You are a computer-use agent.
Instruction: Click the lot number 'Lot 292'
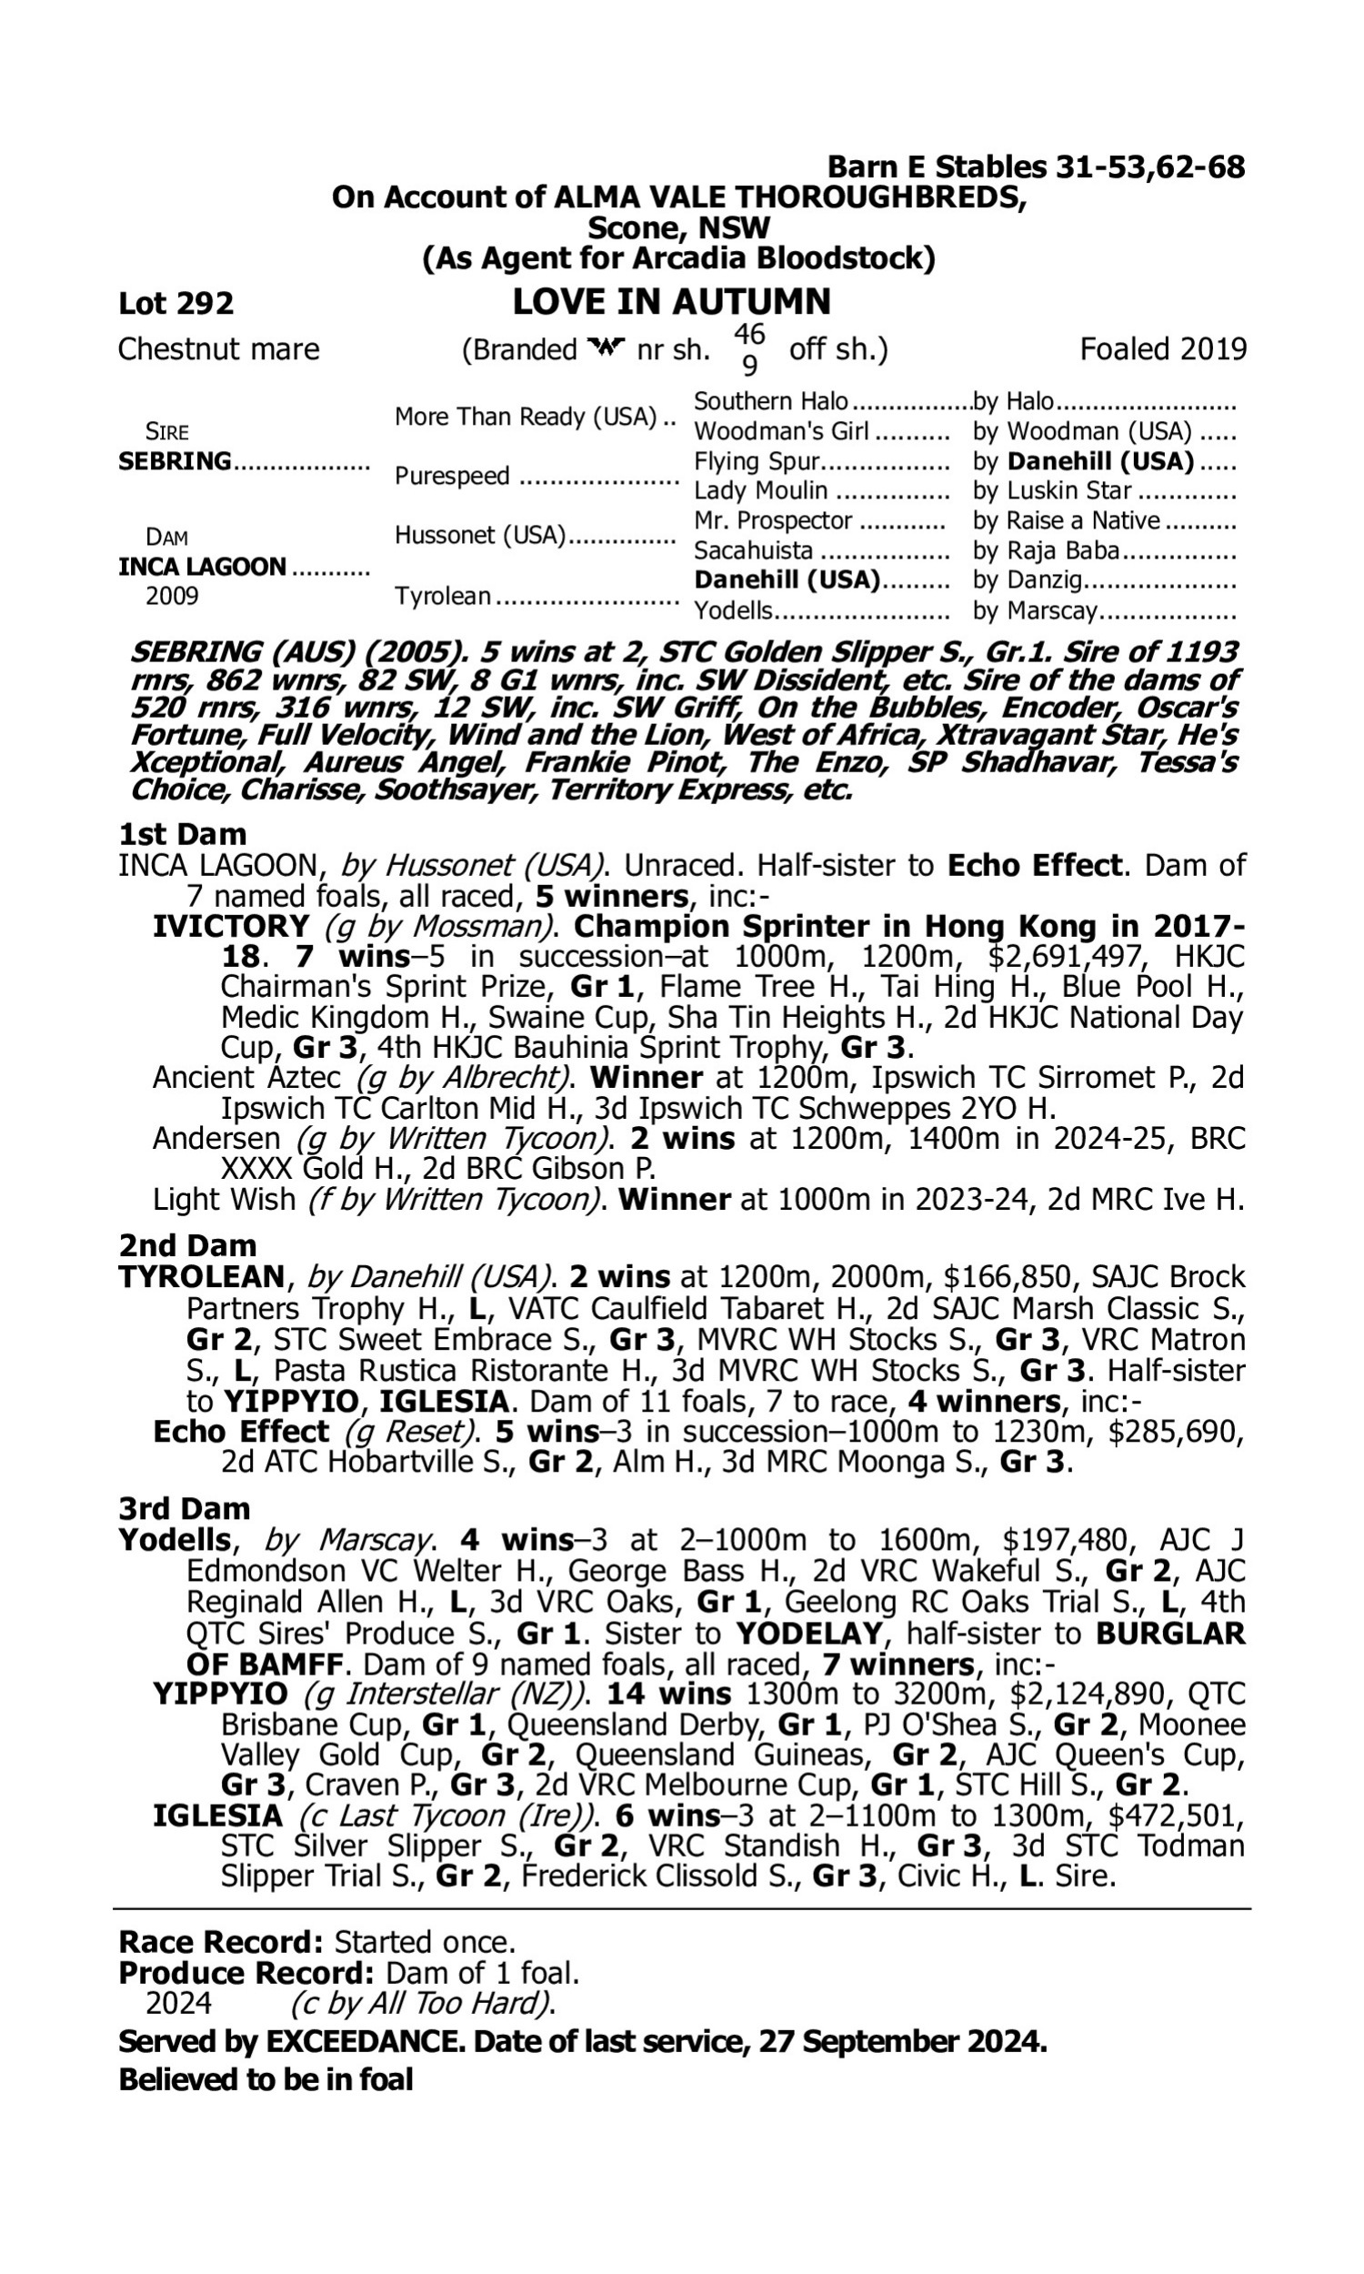[x=176, y=303]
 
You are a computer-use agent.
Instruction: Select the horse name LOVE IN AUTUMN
[x=671, y=301]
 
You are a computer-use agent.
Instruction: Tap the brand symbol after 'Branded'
[x=606, y=347]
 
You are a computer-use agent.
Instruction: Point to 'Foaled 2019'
[x=1163, y=349]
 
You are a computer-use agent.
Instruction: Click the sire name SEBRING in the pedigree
[x=175, y=461]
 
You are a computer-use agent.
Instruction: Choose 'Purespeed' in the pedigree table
[x=451, y=476]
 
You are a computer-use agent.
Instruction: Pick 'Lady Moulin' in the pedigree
[x=760, y=491]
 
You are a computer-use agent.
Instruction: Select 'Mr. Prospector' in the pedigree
[x=773, y=521]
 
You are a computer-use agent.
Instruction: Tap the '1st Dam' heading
[x=182, y=835]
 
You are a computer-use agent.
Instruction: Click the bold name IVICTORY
[x=231, y=926]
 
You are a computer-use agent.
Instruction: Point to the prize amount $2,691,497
[x=1069, y=956]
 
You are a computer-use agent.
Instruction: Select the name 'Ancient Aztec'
[x=246, y=1077]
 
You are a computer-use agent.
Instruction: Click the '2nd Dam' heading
[x=186, y=1245]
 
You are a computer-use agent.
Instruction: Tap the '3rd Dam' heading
[x=184, y=1508]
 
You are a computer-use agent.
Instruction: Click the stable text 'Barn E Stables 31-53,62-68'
[x=1036, y=167]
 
